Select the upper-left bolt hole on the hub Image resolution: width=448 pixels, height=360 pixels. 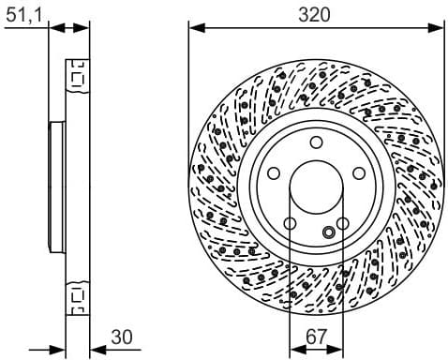(x=275, y=172)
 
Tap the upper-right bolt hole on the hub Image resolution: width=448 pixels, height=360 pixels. (x=359, y=172)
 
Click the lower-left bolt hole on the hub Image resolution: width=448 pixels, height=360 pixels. (x=290, y=222)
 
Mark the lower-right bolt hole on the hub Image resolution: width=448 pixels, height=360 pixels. (x=343, y=222)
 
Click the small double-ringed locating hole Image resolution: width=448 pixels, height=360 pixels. (x=328, y=232)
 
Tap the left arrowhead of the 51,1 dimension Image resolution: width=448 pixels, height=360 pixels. (x=53, y=27)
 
